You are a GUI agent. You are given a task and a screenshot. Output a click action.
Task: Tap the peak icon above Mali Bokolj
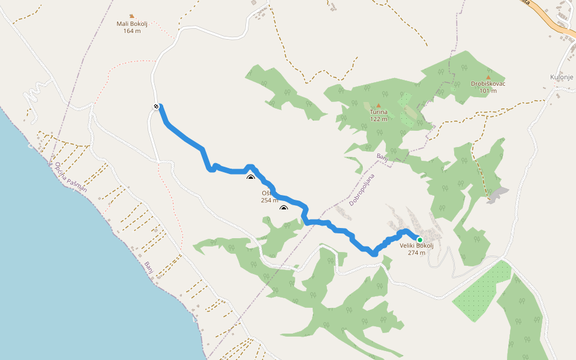coord(132,16)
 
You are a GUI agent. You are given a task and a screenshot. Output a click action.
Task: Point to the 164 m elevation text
coord(133,31)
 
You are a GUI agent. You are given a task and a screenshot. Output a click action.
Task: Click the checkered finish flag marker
coord(156,107)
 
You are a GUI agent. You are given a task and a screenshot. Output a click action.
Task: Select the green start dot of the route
coord(420,240)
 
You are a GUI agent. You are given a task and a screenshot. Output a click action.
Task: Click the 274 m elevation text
coord(416,253)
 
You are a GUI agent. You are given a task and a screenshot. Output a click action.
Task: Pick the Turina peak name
coord(379,112)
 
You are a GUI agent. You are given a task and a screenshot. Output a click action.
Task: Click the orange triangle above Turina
coord(379,105)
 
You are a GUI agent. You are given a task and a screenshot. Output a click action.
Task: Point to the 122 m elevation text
coord(379,119)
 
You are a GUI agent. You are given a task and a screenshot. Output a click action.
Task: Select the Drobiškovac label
coord(488,84)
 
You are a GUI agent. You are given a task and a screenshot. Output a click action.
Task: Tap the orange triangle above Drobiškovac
coord(488,77)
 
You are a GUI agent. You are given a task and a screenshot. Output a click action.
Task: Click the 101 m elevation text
coord(488,91)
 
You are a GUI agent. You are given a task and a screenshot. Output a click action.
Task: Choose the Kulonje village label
coord(562,77)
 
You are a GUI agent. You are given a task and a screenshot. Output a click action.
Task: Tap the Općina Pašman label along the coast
coord(71,177)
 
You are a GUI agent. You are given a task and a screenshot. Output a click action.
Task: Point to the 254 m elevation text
coord(269,200)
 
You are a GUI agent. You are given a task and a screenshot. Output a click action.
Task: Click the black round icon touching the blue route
coord(251,178)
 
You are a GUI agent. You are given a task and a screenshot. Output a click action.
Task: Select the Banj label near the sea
coord(149,268)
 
